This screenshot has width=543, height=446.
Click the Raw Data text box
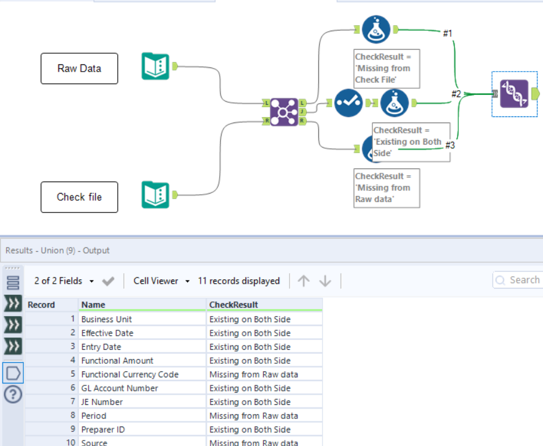(x=79, y=68)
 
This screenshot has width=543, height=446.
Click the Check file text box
(x=79, y=197)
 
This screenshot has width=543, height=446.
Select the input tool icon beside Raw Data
(x=155, y=66)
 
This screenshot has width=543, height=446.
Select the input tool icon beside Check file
(x=155, y=195)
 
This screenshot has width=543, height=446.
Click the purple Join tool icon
(x=283, y=112)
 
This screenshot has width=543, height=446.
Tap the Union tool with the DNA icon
(x=514, y=94)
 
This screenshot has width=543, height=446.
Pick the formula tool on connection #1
(x=376, y=29)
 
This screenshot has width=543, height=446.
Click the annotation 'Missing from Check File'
(x=387, y=68)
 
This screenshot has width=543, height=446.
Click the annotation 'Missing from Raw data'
(x=387, y=187)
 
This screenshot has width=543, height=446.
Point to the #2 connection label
(x=456, y=94)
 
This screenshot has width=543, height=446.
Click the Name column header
(x=93, y=304)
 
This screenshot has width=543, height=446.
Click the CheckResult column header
(x=234, y=304)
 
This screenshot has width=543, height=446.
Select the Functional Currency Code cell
(x=130, y=374)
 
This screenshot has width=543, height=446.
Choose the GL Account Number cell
(x=120, y=388)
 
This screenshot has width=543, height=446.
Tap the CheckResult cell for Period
(x=253, y=416)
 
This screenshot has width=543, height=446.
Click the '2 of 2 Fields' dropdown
(x=64, y=281)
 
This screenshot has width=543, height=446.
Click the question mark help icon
(x=13, y=394)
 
